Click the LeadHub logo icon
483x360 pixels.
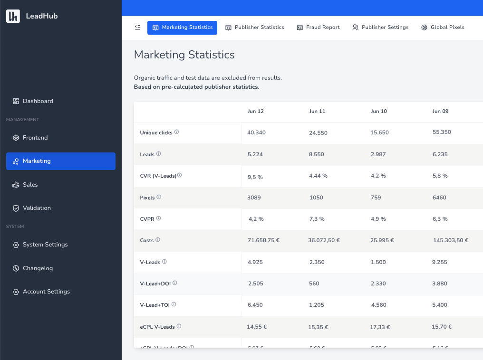(x=13, y=16)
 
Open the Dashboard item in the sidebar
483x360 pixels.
(x=38, y=101)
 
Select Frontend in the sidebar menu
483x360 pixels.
(x=35, y=138)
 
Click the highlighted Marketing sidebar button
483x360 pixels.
(x=60, y=161)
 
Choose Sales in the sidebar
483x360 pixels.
(x=30, y=185)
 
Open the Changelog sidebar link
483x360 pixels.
(x=38, y=268)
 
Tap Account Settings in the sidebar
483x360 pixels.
(x=46, y=292)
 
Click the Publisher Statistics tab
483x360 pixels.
(x=255, y=28)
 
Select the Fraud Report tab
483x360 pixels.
(x=318, y=28)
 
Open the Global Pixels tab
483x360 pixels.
(x=443, y=28)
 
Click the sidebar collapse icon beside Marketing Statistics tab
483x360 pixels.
(x=138, y=28)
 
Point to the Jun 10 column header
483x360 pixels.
(x=378, y=112)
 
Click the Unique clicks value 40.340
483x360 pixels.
(x=256, y=133)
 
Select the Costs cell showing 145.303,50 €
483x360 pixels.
(x=450, y=240)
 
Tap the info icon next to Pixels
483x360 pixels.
(x=159, y=197)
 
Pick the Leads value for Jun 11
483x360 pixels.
(x=317, y=154)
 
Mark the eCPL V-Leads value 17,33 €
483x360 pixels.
(x=380, y=327)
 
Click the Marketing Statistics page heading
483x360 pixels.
(x=184, y=55)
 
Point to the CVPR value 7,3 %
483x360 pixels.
(x=317, y=219)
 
